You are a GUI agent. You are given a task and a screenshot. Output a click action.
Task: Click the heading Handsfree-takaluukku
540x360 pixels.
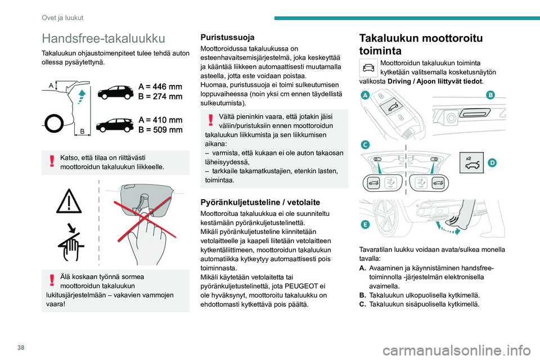pos(103,38)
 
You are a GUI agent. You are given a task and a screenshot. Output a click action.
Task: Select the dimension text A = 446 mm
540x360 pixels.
pos(160,87)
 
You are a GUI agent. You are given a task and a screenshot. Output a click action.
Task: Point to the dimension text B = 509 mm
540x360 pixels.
pos(160,130)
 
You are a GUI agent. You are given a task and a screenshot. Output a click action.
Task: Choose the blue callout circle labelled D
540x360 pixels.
pos(492,163)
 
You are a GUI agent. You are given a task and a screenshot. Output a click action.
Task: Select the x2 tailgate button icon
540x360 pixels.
pos(471,162)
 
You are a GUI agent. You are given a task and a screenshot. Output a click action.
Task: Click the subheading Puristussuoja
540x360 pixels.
pos(223,37)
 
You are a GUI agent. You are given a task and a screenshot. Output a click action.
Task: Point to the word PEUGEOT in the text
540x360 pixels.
pos(301,285)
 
